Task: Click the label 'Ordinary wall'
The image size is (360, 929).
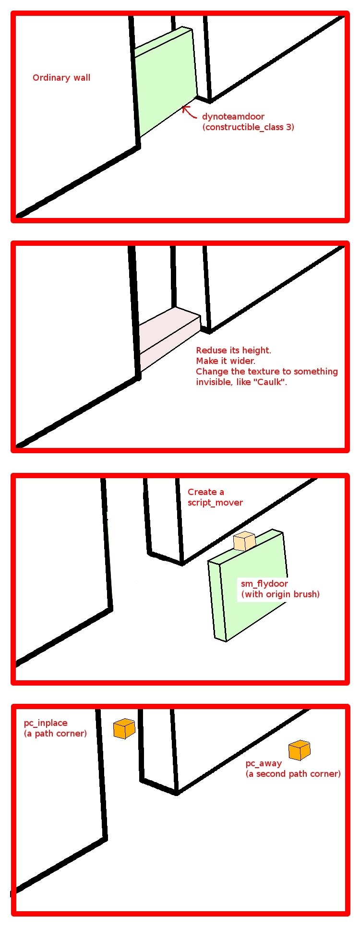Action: (61, 78)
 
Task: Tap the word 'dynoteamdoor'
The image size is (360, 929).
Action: (233, 117)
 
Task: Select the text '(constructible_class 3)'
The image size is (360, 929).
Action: (248, 127)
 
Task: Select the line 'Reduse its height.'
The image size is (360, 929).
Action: (234, 350)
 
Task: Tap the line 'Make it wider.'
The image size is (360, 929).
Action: (226, 361)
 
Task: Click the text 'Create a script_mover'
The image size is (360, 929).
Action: (215, 497)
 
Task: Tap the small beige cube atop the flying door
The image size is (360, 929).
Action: (244, 541)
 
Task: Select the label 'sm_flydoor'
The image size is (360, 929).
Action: (264, 584)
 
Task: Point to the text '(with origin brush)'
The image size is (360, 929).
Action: (280, 594)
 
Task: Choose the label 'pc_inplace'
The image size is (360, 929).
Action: (46, 723)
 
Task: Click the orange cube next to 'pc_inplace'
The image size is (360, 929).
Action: (124, 728)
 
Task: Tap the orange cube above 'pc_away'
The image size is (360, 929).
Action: (300, 750)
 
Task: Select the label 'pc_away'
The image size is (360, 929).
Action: (264, 763)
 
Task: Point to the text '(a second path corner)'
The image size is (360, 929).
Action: (293, 774)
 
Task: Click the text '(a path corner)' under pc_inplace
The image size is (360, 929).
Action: (55, 734)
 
